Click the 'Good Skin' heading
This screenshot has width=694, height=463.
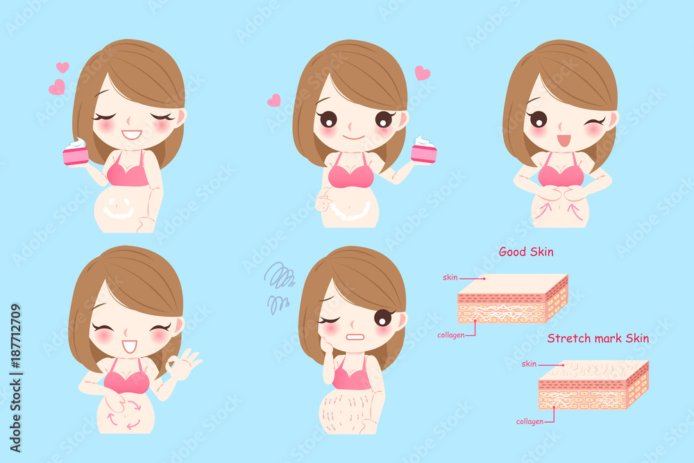coord(526,252)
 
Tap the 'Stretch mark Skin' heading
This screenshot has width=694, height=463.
coord(598,339)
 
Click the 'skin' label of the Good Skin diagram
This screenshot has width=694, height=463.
coord(450,278)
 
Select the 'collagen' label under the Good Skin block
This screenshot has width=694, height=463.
coord(451,335)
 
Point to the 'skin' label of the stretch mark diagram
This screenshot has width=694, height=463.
coord(529,364)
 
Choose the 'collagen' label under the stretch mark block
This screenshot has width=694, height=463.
coord(530,421)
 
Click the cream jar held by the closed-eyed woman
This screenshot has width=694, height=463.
coord(76,151)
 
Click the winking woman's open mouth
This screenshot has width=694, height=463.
coord(564,141)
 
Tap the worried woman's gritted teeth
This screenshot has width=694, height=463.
coord(354,337)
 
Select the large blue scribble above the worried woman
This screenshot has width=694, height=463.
coord(279,275)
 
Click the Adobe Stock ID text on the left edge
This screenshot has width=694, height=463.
coord(15,378)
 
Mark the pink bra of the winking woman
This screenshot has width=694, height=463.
coord(561,171)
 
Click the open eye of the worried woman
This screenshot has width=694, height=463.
coord(383,318)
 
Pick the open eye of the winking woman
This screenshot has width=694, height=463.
coord(538,119)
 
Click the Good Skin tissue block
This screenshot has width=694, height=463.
coord(512,298)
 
